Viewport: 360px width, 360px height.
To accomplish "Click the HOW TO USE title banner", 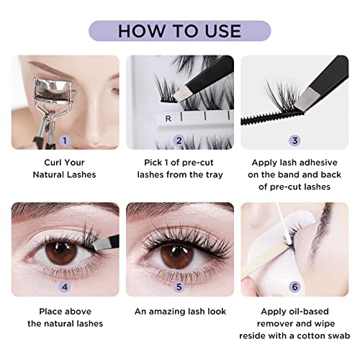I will (180, 30).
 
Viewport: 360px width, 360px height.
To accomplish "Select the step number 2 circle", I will (179, 140).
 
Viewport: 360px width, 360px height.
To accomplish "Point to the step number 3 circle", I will (295, 140).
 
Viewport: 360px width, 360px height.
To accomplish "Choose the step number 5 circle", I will (179, 286).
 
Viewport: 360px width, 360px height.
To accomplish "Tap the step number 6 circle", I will (295, 286).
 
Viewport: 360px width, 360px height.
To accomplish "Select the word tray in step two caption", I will (213, 174).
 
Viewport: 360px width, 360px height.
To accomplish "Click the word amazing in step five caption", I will (171, 311).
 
